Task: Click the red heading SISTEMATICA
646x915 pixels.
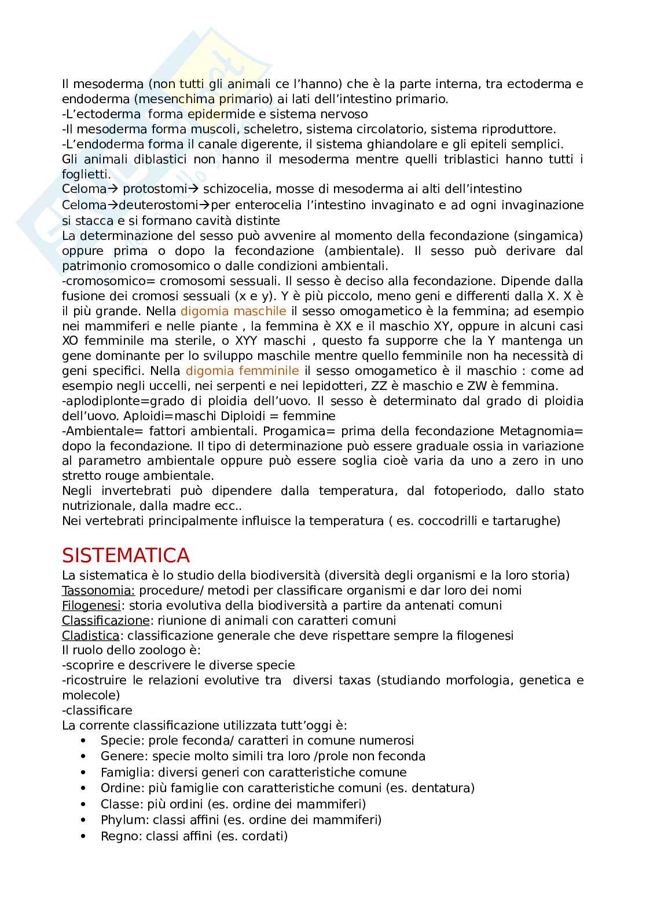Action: tap(126, 555)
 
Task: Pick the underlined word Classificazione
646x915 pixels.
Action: tap(105, 621)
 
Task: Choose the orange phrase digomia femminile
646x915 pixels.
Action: tap(242, 371)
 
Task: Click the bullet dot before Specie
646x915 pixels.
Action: tap(84, 741)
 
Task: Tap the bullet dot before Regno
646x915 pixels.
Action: tap(84, 836)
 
